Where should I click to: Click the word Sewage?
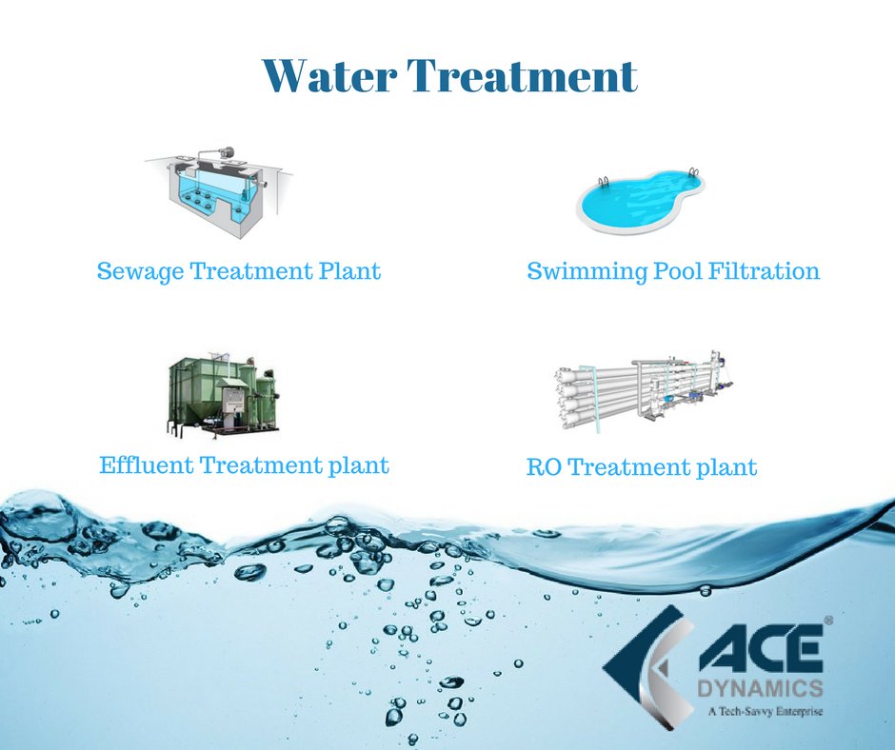pos(140,272)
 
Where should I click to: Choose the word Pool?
pos(678,272)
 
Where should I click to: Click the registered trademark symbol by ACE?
pos(827,621)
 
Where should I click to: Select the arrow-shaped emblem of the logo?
pos(647,665)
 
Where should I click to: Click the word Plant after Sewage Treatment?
pos(348,272)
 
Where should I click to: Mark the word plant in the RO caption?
pos(726,468)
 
